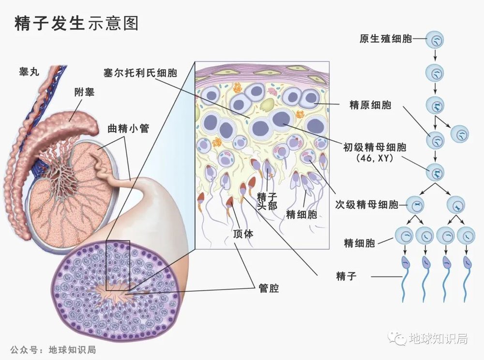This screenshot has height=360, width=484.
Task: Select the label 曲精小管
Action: coord(128,129)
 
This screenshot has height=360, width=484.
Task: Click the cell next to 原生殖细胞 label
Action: coord(435,40)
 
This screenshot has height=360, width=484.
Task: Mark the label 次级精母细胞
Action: coord(366,204)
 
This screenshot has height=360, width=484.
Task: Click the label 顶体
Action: coord(243,234)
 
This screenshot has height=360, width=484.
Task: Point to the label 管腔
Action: coord(269,289)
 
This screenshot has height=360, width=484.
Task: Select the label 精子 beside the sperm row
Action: coord(346,276)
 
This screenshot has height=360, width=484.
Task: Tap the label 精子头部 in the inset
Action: coord(267,201)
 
